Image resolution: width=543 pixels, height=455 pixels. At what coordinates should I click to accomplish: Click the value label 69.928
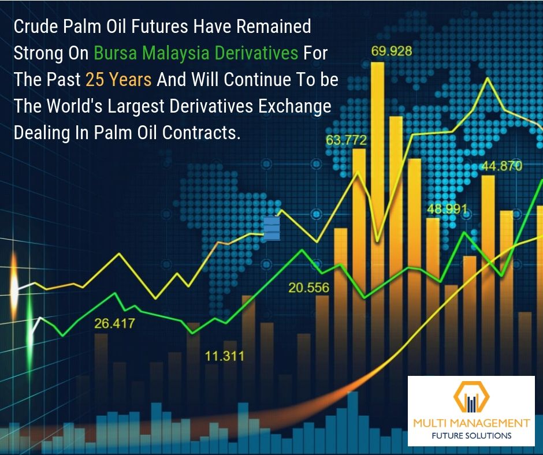coord(391,51)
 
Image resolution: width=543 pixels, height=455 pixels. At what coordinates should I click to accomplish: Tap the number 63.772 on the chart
coord(346,140)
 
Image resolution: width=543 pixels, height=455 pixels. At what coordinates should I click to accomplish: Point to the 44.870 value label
coord(502,166)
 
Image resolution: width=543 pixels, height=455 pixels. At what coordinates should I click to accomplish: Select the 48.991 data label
coord(447,209)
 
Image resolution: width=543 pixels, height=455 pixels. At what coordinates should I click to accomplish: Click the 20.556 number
coord(309,288)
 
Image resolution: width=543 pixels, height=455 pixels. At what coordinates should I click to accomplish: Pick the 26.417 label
coord(114,323)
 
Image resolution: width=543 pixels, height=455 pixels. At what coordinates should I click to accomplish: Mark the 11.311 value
coord(224,356)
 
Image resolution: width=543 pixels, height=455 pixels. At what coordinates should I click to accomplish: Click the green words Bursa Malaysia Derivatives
coord(196,53)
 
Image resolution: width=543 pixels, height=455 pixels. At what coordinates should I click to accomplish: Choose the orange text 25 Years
coord(118,79)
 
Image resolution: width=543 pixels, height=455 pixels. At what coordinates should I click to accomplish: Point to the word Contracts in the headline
coord(201,132)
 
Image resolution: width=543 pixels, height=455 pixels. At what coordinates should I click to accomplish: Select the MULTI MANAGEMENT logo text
coord(471,423)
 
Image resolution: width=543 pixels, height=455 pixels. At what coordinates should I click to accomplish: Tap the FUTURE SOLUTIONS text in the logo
coord(471,435)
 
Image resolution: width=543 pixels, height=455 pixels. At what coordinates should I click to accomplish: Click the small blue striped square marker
coord(271,228)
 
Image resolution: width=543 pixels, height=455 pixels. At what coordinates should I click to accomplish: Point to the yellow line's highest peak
coord(488,78)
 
